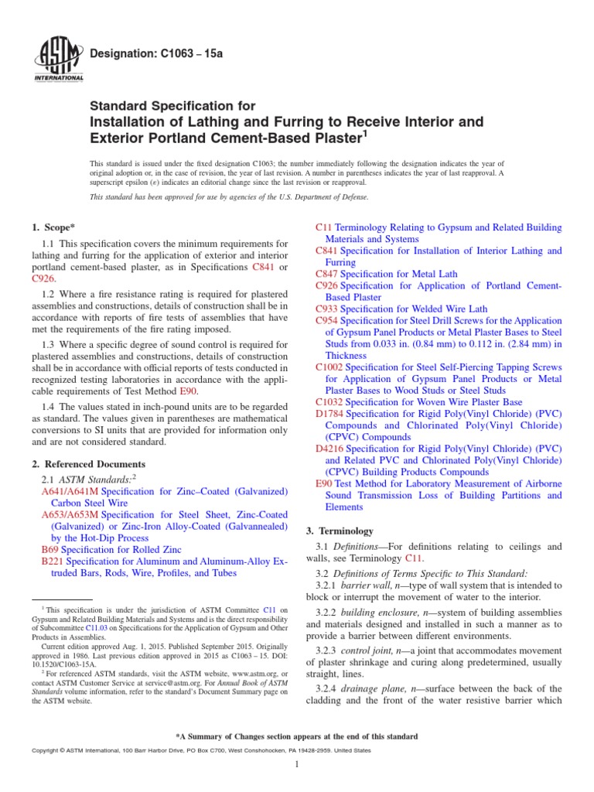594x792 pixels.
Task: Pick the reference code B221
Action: click(x=52, y=562)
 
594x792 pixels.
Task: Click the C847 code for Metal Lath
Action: click(x=327, y=274)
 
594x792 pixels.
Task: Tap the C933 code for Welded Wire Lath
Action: click(x=327, y=308)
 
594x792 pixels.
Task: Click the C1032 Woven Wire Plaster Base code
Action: click(x=329, y=402)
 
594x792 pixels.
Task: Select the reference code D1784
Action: click(x=330, y=414)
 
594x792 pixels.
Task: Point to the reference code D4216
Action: click(x=330, y=448)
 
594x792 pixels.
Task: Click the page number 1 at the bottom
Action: click(x=297, y=765)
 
